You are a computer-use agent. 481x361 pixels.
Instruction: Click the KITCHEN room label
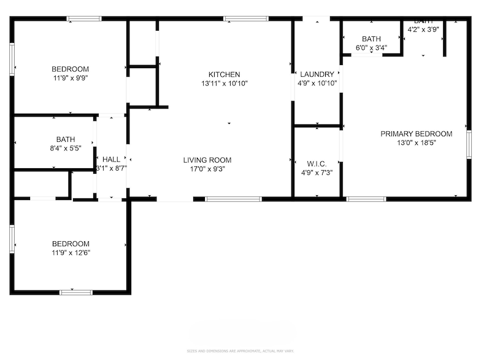click(x=224, y=74)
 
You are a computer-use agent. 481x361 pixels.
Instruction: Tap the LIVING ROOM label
click(x=207, y=160)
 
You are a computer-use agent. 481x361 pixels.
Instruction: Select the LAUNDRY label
click(x=317, y=74)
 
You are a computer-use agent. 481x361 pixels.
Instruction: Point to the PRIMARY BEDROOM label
click(x=416, y=134)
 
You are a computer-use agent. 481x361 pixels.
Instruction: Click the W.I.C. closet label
click(x=317, y=163)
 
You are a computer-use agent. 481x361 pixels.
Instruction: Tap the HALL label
click(x=111, y=159)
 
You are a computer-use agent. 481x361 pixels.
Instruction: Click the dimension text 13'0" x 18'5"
click(x=416, y=142)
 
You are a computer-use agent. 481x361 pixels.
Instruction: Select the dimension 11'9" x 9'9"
click(x=70, y=78)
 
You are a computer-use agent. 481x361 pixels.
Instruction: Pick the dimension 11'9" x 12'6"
click(x=70, y=252)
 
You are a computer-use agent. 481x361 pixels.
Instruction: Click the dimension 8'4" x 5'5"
click(x=65, y=148)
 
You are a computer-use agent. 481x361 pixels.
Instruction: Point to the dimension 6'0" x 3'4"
click(x=371, y=48)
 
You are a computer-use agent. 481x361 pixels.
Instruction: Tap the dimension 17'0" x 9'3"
click(x=207, y=169)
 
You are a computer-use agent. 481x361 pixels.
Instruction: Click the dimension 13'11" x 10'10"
click(x=224, y=83)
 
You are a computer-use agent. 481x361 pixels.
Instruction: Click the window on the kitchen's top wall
click(x=246, y=18)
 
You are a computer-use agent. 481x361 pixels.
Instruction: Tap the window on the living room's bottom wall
click(x=233, y=199)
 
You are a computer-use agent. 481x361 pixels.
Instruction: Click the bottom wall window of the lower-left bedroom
click(x=75, y=292)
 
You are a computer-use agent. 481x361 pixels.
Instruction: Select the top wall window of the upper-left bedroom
click(x=84, y=18)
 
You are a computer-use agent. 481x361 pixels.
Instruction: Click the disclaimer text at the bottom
click(x=240, y=351)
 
